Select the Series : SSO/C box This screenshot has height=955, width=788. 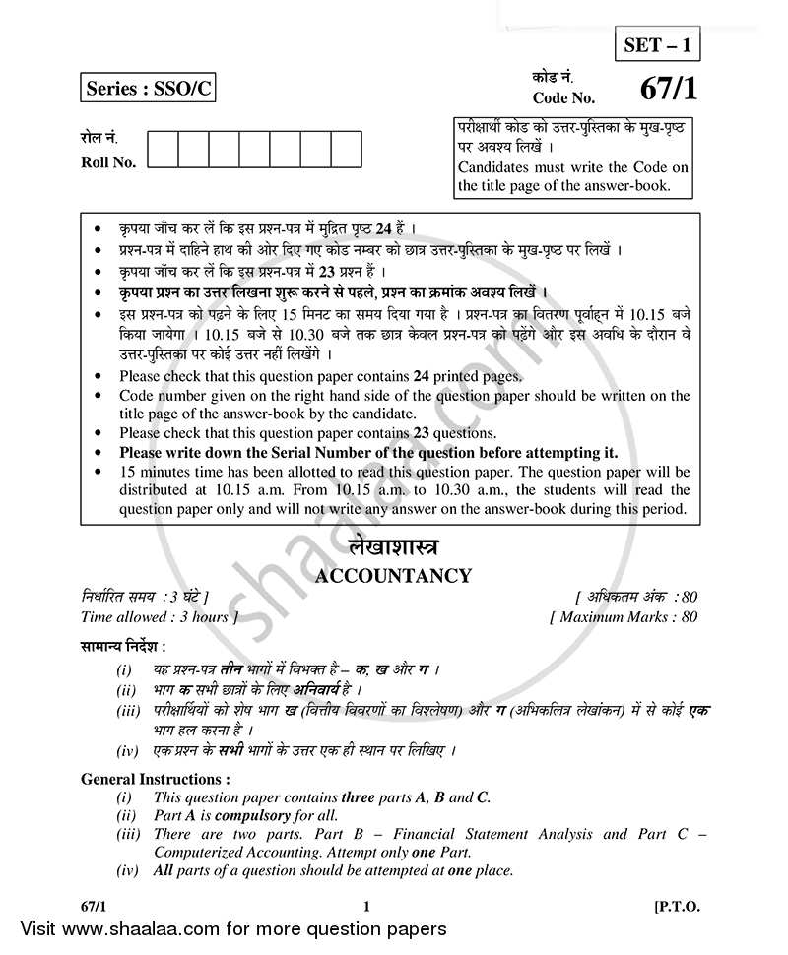tap(147, 90)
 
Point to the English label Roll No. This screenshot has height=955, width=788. tap(108, 162)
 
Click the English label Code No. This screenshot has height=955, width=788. tap(563, 97)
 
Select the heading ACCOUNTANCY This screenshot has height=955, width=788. tap(393, 576)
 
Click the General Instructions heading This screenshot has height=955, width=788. tap(156, 779)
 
